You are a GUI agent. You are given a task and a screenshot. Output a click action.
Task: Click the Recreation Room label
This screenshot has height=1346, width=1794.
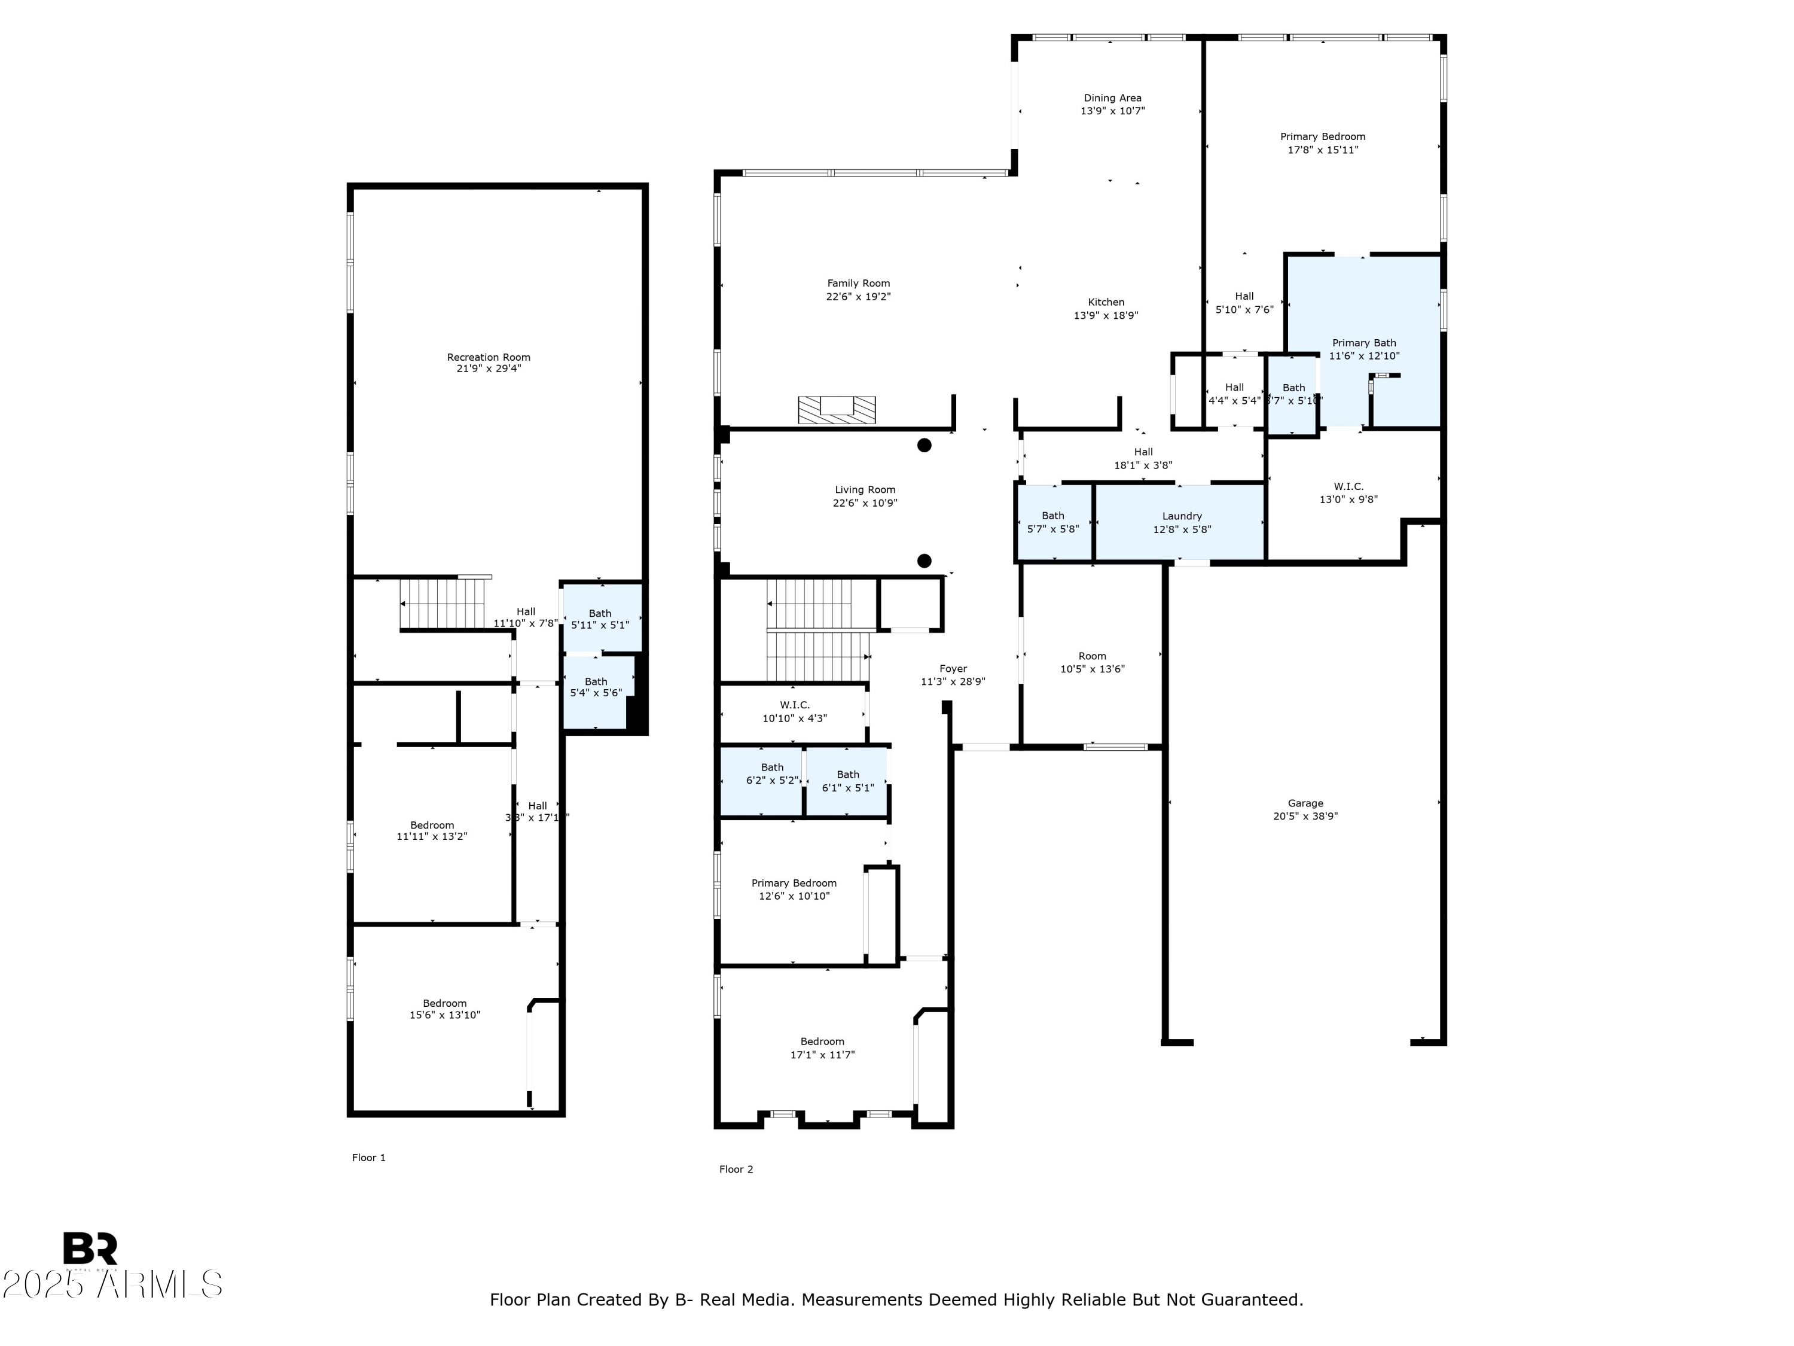pyautogui.click(x=488, y=357)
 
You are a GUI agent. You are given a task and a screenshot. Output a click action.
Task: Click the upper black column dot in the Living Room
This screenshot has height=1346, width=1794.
pyautogui.click(x=924, y=444)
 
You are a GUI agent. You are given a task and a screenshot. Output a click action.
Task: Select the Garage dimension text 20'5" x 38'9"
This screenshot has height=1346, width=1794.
pyautogui.click(x=1305, y=816)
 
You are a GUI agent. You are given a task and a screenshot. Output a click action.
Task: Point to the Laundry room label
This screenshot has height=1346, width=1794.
pyautogui.click(x=1182, y=516)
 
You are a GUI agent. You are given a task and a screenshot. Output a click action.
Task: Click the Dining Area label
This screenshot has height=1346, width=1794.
pyautogui.click(x=1112, y=98)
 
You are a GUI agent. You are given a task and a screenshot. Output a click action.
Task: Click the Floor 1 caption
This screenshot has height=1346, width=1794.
pyautogui.click(x=368, y=1158)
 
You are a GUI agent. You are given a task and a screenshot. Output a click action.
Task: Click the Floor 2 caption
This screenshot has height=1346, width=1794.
pyautogui.click(x=736, y=1169)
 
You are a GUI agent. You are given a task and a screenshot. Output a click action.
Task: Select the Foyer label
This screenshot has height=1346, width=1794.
pyautogui.click(x=953, y=669)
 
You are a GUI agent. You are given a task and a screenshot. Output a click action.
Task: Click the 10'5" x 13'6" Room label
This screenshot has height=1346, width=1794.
pyautogui.click(x=1091, y=656)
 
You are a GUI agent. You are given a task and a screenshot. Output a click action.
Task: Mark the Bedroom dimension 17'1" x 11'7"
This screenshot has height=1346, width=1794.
pyautogui.click(x=822, y=1055)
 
